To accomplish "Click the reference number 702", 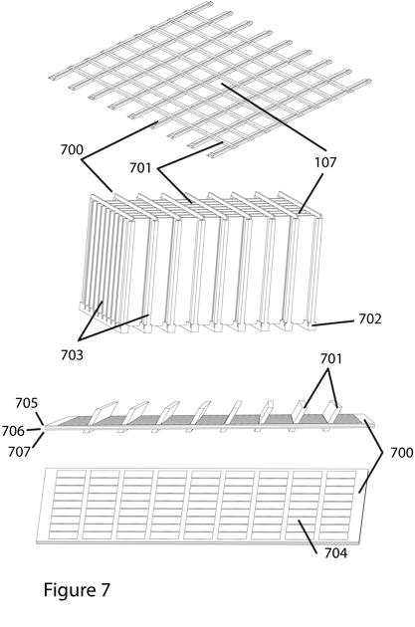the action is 370,319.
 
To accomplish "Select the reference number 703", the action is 72,354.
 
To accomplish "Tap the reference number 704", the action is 335,553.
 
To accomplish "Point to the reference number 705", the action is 27,403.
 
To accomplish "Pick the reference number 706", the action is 13,431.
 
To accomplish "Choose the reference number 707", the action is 20,452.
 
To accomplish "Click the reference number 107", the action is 325,162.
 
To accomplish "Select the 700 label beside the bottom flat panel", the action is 401,453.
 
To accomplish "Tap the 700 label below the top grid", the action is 72,150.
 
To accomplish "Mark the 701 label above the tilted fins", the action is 331,359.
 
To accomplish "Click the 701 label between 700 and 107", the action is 140,168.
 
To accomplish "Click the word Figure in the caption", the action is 68,590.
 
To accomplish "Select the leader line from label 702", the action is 333,322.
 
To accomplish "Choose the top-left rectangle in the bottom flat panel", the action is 71,474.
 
